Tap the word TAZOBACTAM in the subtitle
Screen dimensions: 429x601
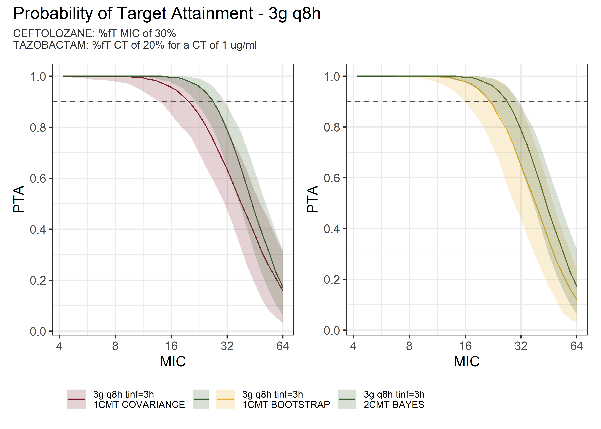coord(50,45)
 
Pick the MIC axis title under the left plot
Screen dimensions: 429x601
coord(173,361)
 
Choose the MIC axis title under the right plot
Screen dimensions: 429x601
coord(467,361)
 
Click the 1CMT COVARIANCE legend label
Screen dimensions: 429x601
coord(139,404)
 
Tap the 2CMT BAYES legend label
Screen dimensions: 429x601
coord(394,404)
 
